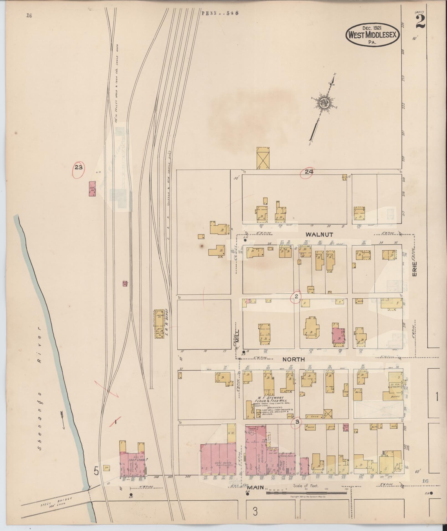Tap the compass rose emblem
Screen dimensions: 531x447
(324, 103)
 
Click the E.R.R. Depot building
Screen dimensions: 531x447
(159, 324)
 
